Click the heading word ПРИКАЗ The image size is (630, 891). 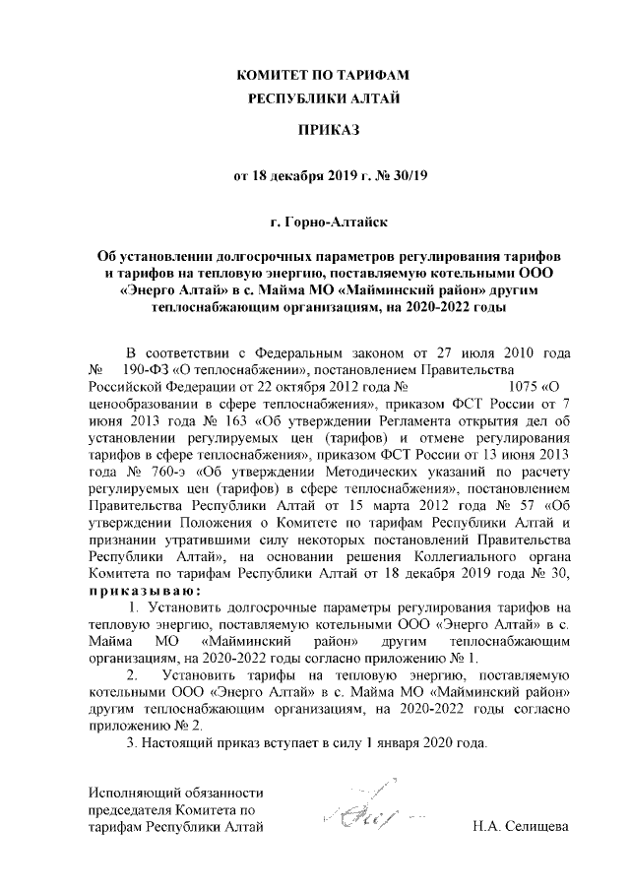(315, 129)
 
